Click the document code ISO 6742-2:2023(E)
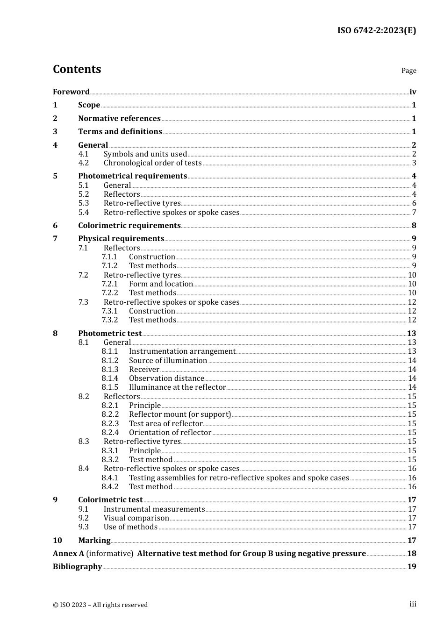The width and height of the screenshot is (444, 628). pyautogui.click(x=376, y=30)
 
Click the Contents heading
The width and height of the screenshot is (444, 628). pyautogui.click(x=77, y=69)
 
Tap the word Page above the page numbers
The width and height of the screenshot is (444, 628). pyautogui.click(x=408, y=71)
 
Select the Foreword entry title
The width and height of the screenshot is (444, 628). pyautogui.click(x=71, y=92)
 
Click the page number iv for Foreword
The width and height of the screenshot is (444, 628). pyautogui.click(x=413, y=92)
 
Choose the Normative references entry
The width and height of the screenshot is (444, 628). pyautogui.click(x=119, y=119)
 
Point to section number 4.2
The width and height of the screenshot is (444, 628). pyautogui.click(x=83, y=163)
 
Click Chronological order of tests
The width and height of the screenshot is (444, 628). pyautogui.click(x=152, y=163)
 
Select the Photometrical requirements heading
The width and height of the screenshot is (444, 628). pyautogui.click(x=132, y=176)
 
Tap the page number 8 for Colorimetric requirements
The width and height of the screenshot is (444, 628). pyautogui.click(x=414, y=226)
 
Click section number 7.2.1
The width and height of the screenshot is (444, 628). pyautogui.click(x=109, y=284)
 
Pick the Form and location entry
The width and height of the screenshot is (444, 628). pyautogui.click(x=161, y=284)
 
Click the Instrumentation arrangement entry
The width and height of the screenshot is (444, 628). pyautogui.click(x=182, y=351)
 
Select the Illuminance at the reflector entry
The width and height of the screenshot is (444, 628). pyautogui.click(x=177, y=387)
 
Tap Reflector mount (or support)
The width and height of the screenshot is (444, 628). pyautogui.click(x=179, y=414)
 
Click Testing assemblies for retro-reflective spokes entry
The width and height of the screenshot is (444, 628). pyautogui.click(x=239, y=478)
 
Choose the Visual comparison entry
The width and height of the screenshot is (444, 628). pyautogui.click(x=136, y=518)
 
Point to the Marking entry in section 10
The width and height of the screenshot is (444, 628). pyautogui.click(x=94, y=541)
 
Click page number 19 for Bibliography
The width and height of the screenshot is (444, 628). pyautogui.click(x=411, y=567)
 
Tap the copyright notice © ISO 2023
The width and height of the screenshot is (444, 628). pyautogui.click(x=100, y=605)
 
